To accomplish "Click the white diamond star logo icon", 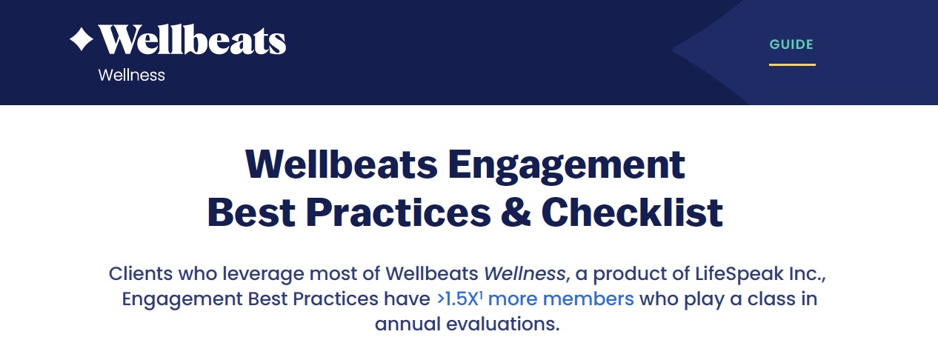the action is [x=82, y=39].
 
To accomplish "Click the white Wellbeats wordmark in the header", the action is [x=192, y=39].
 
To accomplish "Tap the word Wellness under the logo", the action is [x=131, y=76].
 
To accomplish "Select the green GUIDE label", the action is [x=791, y=44].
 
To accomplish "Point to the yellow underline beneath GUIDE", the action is [x=792, y=65].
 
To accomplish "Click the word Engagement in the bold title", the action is [x=567, y=167].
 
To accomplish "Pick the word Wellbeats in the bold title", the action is [x=342, y=164].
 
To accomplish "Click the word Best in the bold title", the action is [x=251, y=213].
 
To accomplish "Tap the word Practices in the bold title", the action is [x=398, y=213].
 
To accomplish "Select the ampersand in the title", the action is [x=516, y=213].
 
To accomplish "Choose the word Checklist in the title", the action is [x=632, y=213].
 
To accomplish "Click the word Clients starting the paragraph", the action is [x=140, y=274].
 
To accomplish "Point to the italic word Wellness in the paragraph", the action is [x=525, y=274].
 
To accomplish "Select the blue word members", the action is [x=588, y=299].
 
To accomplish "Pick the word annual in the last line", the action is [x=408, y=324].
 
